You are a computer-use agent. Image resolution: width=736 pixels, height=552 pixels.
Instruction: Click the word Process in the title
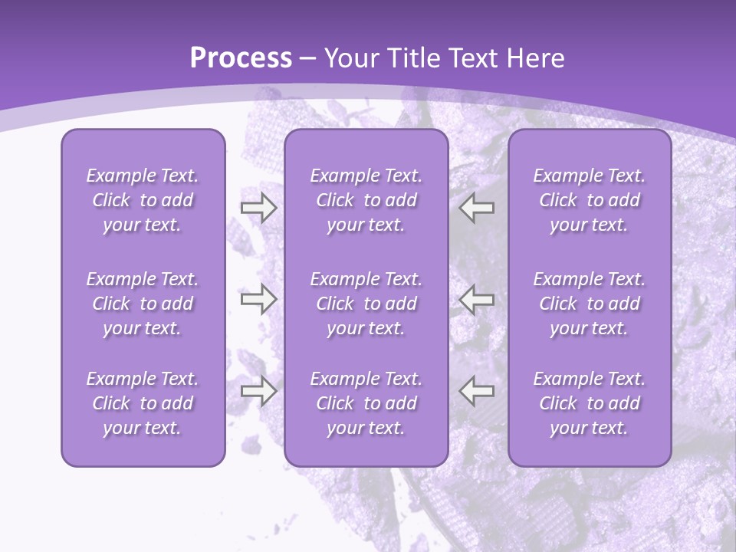coord(241,58)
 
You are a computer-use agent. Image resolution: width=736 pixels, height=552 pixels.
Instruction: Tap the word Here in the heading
coord(534,58)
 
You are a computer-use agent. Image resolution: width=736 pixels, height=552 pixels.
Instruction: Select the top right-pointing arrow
coord(258,208)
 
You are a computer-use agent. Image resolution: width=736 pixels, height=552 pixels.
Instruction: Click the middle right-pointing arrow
coord(258,299)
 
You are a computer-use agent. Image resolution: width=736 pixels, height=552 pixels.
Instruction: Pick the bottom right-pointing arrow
coord(258,391)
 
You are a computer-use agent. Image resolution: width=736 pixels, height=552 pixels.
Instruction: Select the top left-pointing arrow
coord(477,208)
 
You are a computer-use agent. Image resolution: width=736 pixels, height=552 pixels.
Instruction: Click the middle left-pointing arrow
coord(477,299)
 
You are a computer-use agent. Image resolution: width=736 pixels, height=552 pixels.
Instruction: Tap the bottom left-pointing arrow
coord(477,391)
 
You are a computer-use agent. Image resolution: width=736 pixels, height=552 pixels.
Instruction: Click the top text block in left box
coord(143,200)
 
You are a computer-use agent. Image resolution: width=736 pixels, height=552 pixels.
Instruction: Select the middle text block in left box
coord(143,304)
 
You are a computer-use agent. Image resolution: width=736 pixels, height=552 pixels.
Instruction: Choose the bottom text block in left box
coord(143,403)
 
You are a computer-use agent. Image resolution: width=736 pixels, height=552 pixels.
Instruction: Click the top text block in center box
coord(366,200)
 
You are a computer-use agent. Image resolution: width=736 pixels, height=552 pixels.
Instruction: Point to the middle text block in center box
coord(366,304)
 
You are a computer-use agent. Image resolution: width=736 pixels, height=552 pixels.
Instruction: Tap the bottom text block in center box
coord(366,403)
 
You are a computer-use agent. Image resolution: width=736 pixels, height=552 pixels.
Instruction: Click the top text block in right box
coord(589,200)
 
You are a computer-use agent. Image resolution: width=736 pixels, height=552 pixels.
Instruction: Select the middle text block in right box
coord(589,304)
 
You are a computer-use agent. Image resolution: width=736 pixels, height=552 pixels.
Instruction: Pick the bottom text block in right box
coord(589,403)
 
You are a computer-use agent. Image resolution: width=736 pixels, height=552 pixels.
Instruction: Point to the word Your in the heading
coord(351,58)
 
